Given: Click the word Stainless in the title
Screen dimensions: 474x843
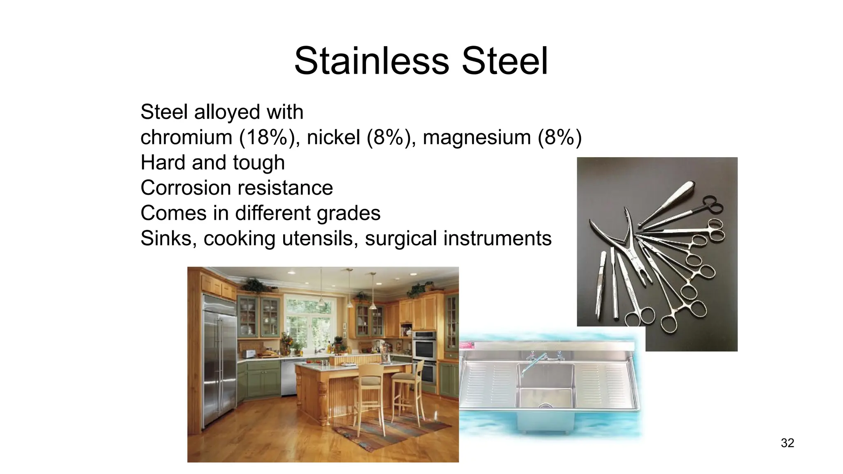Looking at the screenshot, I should (371, 61).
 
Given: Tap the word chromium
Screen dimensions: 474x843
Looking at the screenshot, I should (186, 137).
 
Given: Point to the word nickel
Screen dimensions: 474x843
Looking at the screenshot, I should (333, 137).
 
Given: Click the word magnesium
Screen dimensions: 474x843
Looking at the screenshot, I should (477, 137).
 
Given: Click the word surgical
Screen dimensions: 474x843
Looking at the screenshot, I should (401, 238).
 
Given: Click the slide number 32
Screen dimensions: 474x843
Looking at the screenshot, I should (787, 443).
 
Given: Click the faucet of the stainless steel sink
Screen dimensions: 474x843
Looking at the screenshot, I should (531, 362).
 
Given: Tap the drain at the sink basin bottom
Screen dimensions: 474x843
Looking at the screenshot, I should (545, 405).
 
